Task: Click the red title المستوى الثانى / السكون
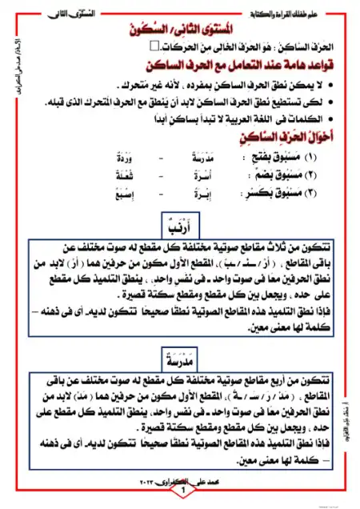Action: tap(178, 29)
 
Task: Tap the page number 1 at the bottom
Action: tap(182, 490)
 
